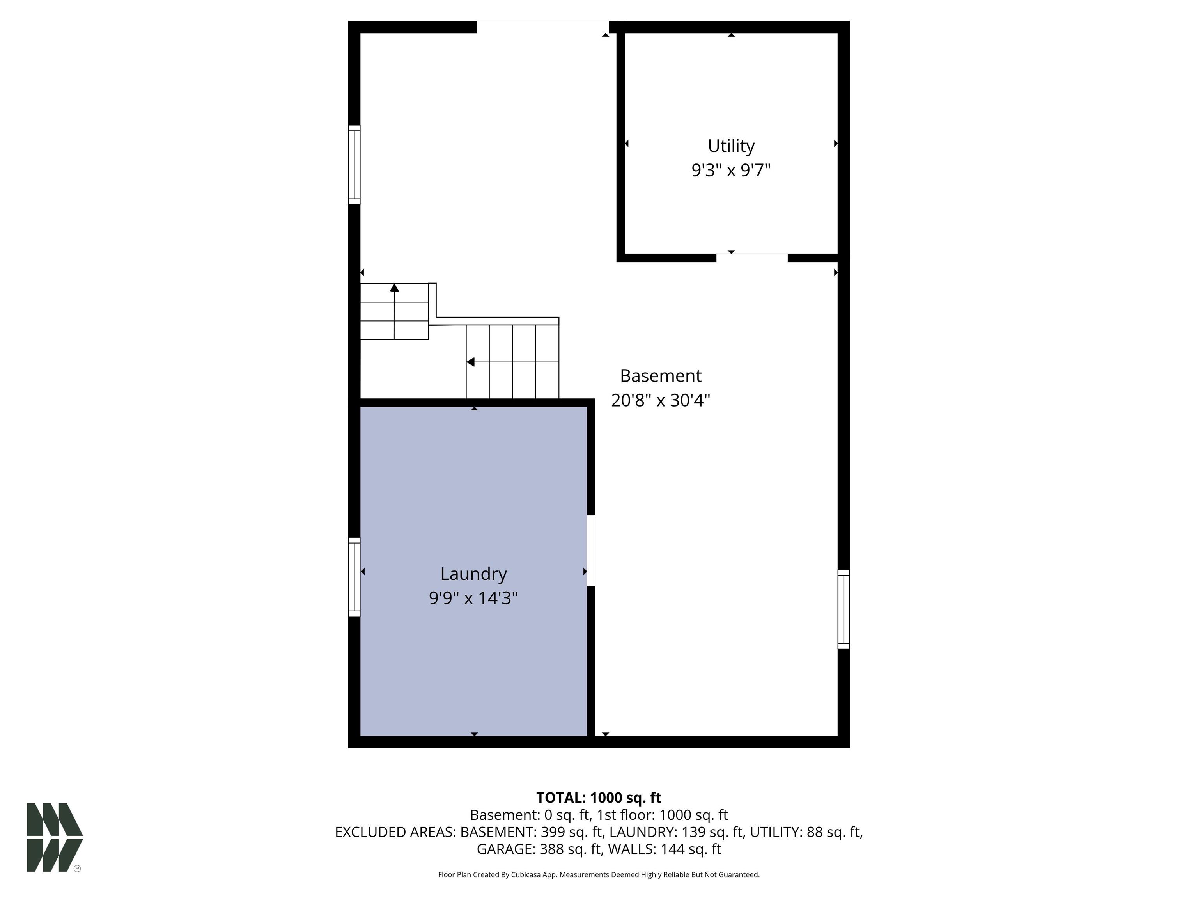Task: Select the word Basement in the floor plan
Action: tap(660, 375)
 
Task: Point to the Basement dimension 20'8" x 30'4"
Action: tap(660, 400)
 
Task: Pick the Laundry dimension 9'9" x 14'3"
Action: tap(473, 598)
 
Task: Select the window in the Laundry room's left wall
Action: tap(354, 577)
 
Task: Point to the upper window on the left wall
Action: tap(354, 165)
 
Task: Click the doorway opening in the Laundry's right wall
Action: tap(591, 551)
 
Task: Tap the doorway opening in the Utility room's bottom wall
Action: tap(752, 258)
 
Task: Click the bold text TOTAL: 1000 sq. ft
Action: tap(599, 798)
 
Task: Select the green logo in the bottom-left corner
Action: tap(54, 837)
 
